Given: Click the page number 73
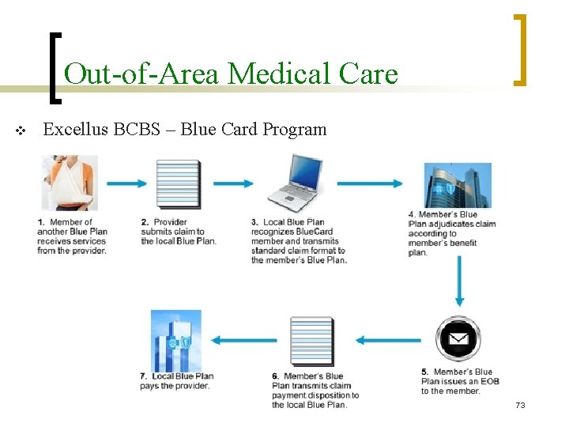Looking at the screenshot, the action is (x=519, y=406).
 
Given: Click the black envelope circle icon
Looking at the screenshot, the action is (x=458, y=340).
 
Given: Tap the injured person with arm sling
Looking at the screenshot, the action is (x=70, y=183).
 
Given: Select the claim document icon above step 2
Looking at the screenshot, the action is (x=179, y=183).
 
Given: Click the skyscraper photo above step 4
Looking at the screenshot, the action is (x=457, y=185).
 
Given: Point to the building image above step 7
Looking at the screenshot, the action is (x=176, y=341).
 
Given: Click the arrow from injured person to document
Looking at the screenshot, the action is (x=126, y=183).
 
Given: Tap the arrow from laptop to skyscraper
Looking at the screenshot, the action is (x=369, y=184).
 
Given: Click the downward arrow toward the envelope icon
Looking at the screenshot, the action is (x=458, y=282).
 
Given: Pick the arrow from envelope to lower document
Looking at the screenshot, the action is (x=388, y=341).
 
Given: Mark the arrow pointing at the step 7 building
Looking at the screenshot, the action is (x=243, y=341).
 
